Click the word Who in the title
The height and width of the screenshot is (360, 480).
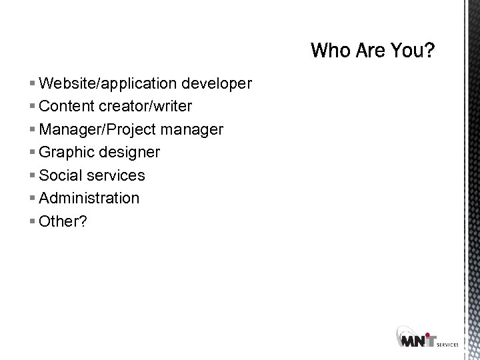331,51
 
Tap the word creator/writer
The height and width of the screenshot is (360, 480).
145,107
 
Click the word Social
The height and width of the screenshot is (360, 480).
61,175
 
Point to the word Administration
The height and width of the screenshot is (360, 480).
89,198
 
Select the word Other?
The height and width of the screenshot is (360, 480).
63,221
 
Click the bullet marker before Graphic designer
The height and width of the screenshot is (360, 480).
33,153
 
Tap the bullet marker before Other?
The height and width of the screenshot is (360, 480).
33,221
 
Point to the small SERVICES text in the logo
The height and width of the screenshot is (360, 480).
447,345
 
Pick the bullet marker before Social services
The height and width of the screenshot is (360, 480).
33,176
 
